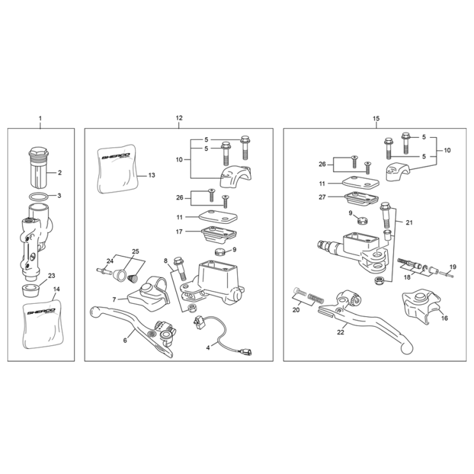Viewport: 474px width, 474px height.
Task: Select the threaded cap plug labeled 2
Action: coord(38,167)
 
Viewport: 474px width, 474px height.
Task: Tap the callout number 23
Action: coord(52,276)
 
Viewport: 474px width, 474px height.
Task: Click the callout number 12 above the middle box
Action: coord(179,118)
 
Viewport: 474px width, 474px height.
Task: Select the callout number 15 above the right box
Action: coord(376,119)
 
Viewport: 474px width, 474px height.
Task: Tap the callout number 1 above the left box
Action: coord(40,118)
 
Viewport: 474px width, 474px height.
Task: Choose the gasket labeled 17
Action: coord(219,234)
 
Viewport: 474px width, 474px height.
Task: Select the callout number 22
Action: coord(341,332)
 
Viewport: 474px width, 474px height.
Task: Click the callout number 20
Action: coord(296,310)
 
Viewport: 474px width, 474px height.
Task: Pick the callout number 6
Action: coord(125,340)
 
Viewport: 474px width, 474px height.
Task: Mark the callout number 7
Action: coord(114,300)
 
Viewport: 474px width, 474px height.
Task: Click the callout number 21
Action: coord(409,223)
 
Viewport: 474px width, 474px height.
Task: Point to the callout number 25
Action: coord(135,251)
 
